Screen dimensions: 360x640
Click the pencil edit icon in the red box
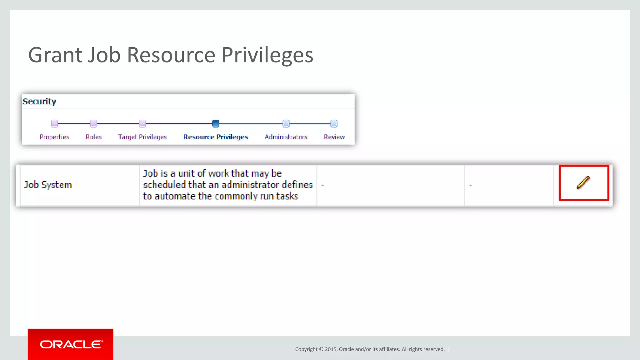coord(583,182)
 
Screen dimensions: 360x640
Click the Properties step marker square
coord(54,124)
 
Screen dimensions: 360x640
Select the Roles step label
coord(94,137)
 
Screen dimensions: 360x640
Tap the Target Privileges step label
coord(142,137)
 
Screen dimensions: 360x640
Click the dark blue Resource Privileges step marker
coord(216,124)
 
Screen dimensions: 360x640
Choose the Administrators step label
coord(286,137)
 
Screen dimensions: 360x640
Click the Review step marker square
coord(334,124)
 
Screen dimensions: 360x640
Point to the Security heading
coord(39,102)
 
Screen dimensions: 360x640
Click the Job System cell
coord(48,185)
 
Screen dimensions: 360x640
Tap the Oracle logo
coord(71,344)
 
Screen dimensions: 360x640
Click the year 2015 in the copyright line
coord(331,349)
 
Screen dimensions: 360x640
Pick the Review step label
coord(334,137)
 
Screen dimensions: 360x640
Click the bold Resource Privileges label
coord(216,137)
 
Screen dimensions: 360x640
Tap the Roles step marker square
coord(93,124)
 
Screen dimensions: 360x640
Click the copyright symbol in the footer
coord(321,349)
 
